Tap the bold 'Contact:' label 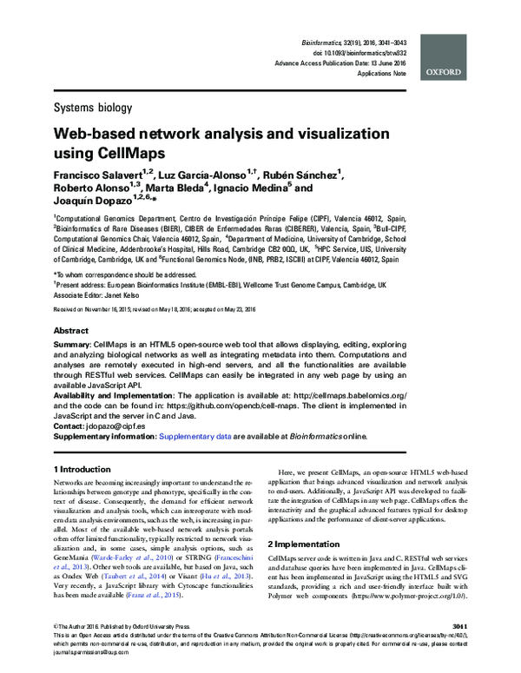click(x=71, y=426)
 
